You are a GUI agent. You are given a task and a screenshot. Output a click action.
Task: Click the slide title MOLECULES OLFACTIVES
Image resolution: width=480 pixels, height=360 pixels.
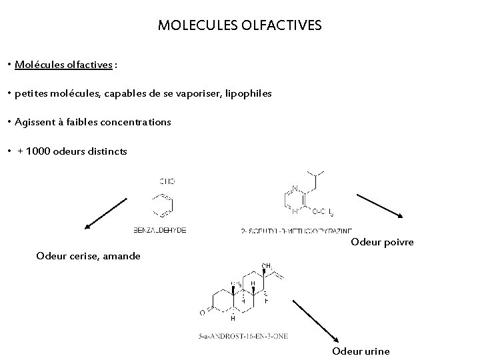240,26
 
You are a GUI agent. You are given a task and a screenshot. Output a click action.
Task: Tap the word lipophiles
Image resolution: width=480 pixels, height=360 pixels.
249,94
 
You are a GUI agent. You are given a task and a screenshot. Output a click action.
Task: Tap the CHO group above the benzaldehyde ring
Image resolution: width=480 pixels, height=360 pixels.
167,181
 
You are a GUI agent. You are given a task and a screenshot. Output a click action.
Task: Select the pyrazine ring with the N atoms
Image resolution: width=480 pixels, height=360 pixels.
295,201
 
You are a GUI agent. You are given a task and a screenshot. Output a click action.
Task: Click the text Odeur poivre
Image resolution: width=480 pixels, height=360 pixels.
382,242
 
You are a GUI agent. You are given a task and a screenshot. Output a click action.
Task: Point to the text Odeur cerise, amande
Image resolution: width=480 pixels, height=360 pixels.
89,255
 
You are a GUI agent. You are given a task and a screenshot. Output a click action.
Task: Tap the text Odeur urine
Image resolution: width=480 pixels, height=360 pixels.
361,351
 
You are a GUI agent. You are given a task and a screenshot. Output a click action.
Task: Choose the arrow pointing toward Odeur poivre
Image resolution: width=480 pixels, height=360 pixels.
380,205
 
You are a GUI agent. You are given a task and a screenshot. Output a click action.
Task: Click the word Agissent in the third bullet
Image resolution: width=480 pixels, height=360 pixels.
35,123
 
